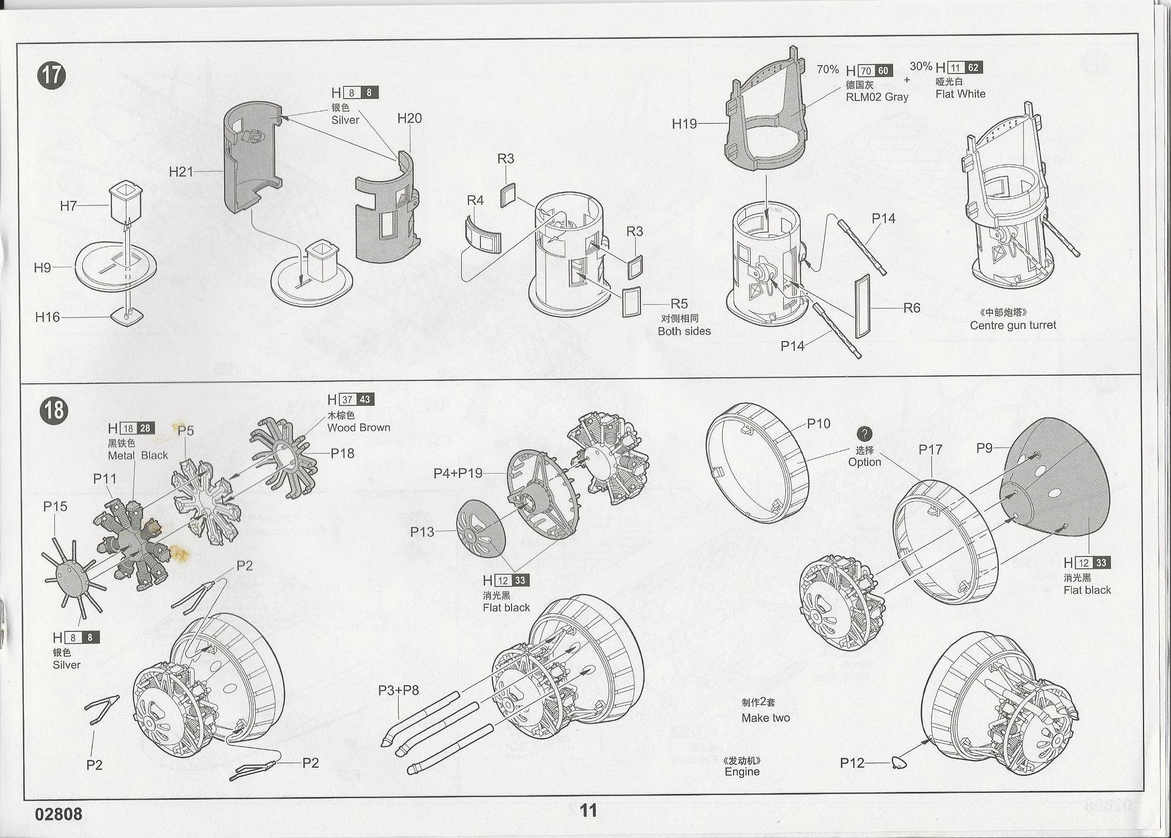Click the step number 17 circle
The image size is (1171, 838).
(52, 76)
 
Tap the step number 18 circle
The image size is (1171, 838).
(54, 411)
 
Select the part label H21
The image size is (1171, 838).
(181, 172)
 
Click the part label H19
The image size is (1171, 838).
(684, 124)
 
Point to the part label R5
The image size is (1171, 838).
(679, 304)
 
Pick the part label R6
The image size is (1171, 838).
(912, 308)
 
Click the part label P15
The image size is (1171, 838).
(55, 507)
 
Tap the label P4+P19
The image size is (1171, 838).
(458, 473)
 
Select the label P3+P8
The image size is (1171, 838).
(399, 690)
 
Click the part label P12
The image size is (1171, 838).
(852, 763)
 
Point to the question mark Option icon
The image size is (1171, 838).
(864, 434)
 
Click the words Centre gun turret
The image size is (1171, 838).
(1013, 326)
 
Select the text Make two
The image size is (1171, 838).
(766, 718)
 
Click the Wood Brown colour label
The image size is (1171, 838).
(358, 428)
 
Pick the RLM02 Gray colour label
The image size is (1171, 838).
(877, 97)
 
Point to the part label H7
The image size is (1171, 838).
(68, 206)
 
